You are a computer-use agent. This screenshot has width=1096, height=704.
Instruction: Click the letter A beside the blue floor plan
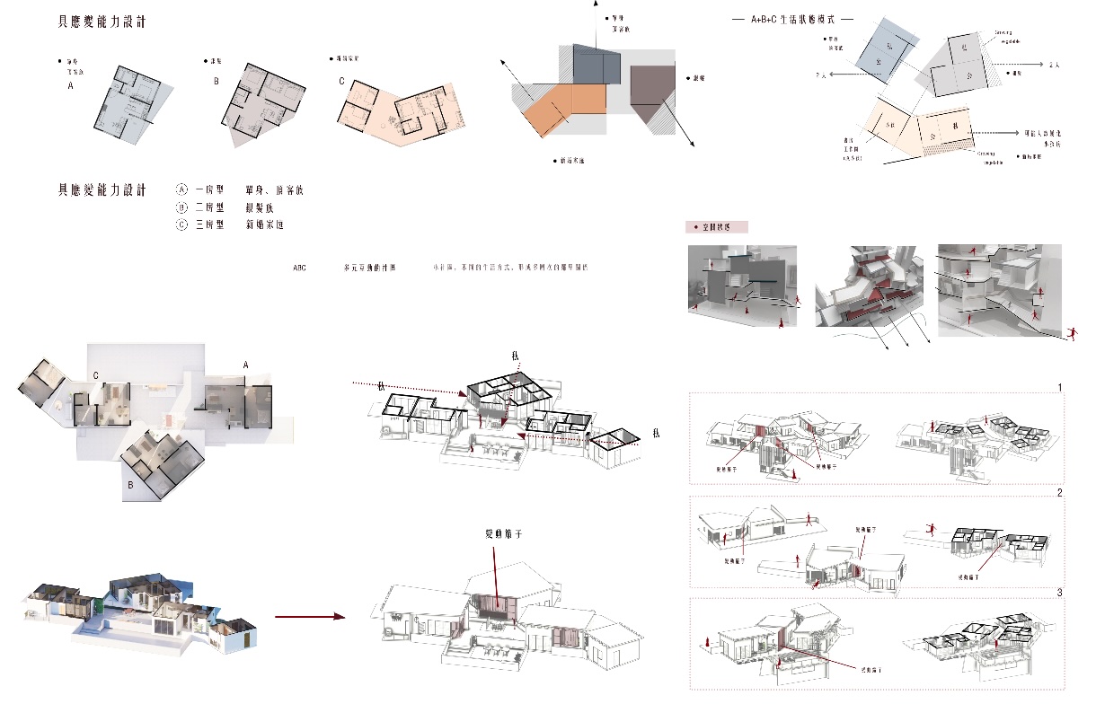(x=70, y=87)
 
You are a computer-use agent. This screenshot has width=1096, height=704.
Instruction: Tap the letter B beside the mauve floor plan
(x=216, y=80)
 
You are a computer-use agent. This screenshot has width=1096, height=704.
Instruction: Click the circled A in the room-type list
(x=181, y=190)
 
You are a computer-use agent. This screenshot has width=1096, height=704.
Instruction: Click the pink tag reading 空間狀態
(x=715, y=227)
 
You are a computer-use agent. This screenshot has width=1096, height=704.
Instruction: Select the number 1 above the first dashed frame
(x=1060, y=388)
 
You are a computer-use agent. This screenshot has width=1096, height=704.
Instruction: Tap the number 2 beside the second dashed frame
(x=1060, y=493)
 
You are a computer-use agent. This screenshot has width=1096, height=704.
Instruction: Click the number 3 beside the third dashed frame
(x=1060, y=594)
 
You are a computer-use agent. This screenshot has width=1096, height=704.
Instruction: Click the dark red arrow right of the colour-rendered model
(x=309, y=617)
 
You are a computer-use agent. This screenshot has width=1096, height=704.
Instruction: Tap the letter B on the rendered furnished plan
(x=131, y=486)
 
